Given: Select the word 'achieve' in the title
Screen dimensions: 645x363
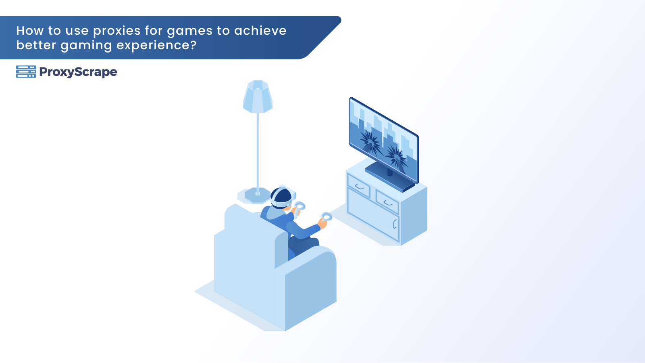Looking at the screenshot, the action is coord(260,31).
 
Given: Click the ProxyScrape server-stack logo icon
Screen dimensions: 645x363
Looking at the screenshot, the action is coord(26,72).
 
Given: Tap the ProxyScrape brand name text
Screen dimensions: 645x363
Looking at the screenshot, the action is coord(78,72).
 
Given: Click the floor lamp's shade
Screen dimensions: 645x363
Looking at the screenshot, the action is coord(258,97).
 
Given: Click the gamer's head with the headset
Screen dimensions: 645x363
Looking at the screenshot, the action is coord(281,198).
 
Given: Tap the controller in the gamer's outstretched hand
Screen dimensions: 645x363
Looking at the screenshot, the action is coord(327,216).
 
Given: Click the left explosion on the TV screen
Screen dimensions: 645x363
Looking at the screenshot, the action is coord(370,142).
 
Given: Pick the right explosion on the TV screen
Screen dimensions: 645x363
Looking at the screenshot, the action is coord(397,157).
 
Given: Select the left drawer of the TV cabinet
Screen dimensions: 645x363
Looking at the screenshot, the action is coord(359,186).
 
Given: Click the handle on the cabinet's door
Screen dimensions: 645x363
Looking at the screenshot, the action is coord(395,224).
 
